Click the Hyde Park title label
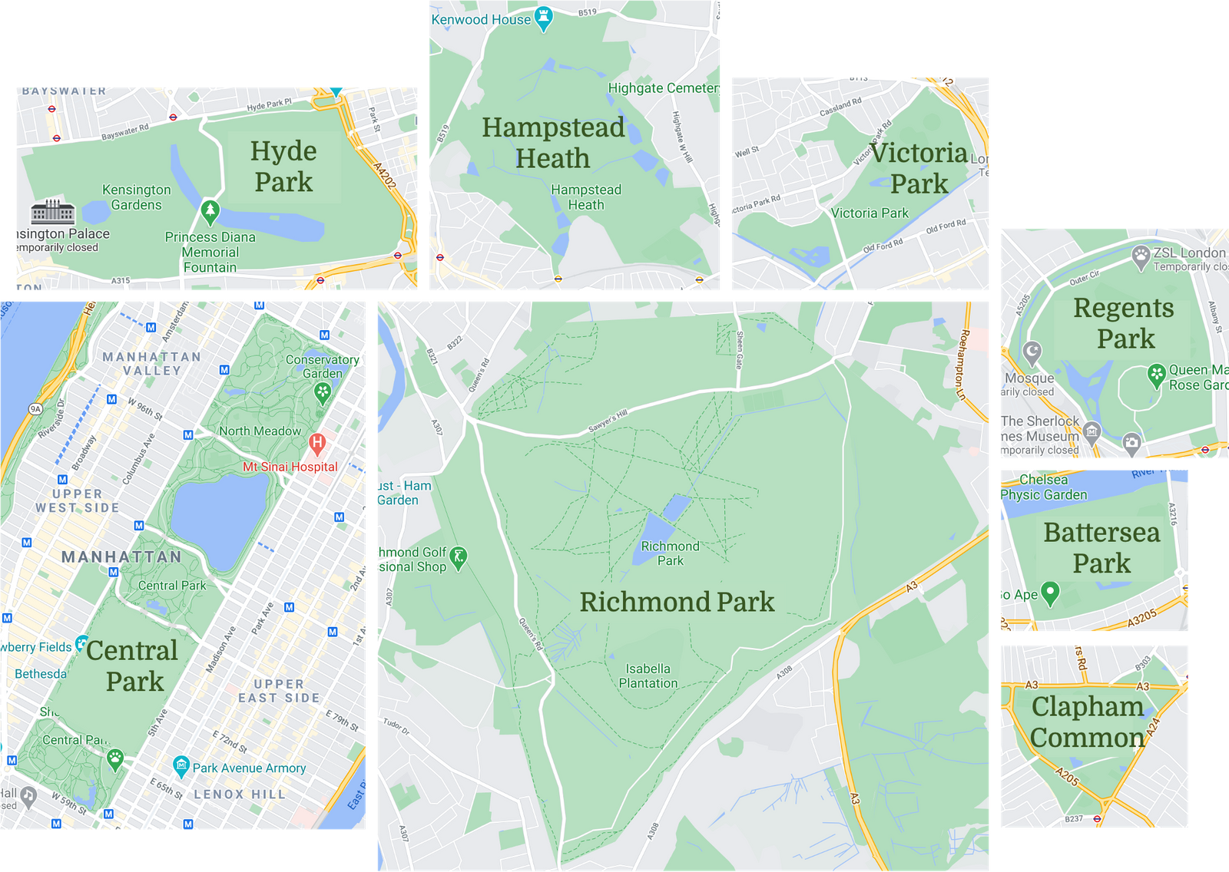pos(283,167)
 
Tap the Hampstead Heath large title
pos(553,143)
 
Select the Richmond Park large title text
pos(677,602)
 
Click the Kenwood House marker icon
pos(544,18)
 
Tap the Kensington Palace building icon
pos(53,211)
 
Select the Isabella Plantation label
pos(648,676)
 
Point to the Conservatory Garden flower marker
pos(323,393)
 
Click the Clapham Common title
pos(1088,722)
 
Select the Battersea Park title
pos(1101,547)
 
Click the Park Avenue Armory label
pos(249,768)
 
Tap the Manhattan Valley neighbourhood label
pos(152,364)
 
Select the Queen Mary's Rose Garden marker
pos(1157,375)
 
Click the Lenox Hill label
pos(239,794)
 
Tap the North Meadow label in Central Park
pos(260,431)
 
